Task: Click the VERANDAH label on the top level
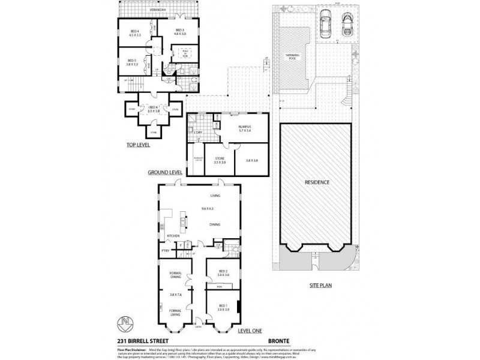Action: point(158,11)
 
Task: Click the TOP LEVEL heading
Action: point(138,145)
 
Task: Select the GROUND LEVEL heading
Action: point(165,172)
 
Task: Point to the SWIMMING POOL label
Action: point(292,56)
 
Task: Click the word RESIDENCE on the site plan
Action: point(317,182)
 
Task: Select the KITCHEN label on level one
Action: point(173,236)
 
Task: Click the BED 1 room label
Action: point(223,307)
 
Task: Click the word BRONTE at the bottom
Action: point(280,341)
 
